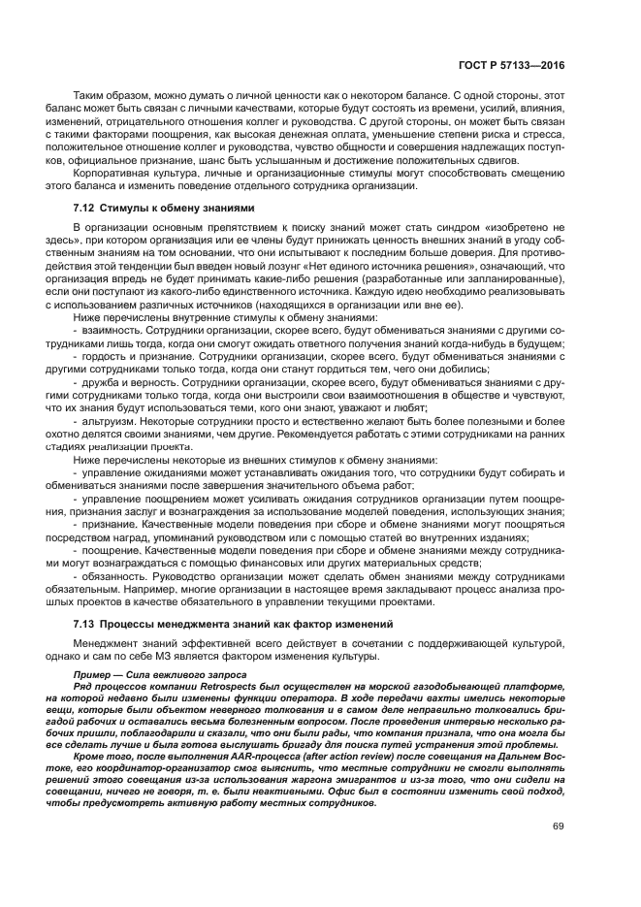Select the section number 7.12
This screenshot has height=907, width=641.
pos(85,208)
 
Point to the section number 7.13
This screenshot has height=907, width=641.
pos(85,622)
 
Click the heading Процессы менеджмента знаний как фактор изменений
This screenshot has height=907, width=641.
pos(245,622)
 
